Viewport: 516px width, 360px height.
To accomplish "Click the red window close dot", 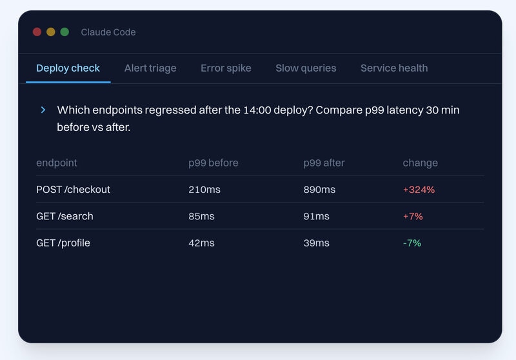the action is pos(37,32).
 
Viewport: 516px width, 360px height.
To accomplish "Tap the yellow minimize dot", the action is pos(51,32).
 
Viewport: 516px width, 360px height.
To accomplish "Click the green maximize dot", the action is pos(64,32).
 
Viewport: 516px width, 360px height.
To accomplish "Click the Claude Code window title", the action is pos(108,32).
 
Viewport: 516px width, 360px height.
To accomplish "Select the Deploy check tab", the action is pos(68,68).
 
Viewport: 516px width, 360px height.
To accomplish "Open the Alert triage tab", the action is pos(150,68).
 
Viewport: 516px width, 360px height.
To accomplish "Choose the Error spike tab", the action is pos(226,68).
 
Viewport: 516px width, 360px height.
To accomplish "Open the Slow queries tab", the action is pos(306,68).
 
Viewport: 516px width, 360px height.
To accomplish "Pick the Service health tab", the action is pos(394,68).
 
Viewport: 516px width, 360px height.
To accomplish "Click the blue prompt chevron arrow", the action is pos(43,110).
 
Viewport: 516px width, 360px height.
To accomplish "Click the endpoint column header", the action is pos(57,163).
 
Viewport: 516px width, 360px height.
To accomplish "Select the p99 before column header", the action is pos(213,163).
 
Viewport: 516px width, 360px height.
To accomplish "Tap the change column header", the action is pos(421,163).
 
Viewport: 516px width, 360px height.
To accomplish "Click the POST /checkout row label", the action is pos(73,190).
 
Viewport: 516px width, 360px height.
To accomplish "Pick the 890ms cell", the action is pos(319,190).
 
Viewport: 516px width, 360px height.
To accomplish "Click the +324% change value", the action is pos(419,190).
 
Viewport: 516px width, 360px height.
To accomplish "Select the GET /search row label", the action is pos(64,216).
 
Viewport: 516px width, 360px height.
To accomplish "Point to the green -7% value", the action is pos(412,243).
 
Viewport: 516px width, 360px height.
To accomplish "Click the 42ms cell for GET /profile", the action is pos(201,243).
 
